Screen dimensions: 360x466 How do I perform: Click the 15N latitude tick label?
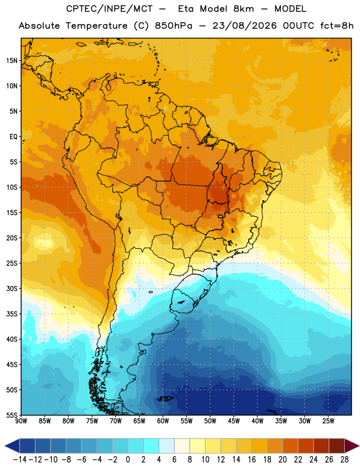(12, 61)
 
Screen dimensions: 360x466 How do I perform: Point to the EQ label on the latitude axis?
(13, 137)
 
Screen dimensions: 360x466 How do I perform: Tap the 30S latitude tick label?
(12, 288)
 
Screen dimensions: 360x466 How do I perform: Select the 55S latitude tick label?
(12, 415)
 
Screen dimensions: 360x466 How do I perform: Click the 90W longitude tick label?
(21, 421)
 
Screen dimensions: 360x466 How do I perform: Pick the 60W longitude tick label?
(163, 421)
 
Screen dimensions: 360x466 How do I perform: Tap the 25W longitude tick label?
(328, 421)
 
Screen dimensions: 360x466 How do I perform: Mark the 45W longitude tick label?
(234, 421)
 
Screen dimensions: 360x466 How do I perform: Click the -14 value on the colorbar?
(20, 460)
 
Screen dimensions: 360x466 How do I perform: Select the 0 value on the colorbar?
(128, 460)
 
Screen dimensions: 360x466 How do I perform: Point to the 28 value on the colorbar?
(344, 460)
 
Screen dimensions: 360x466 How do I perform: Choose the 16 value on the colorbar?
(252, 460)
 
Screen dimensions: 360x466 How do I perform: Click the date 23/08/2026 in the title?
(244, 26)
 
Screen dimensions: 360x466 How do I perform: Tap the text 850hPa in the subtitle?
(174, 26)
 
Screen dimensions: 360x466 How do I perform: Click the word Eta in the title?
(186, 9)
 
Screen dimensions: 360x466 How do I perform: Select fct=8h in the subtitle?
(337, 26)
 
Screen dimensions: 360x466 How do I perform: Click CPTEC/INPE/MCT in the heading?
(110, 9)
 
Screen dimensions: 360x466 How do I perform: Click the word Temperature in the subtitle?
(96, 26)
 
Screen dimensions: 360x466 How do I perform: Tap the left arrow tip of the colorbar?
(5, 446)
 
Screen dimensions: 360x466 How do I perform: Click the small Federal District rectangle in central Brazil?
(221, 216)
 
